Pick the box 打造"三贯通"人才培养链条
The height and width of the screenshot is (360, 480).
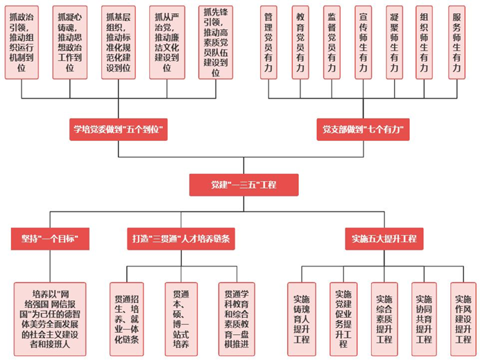point(182,239)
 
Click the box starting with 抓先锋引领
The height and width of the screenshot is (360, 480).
point(216,41)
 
